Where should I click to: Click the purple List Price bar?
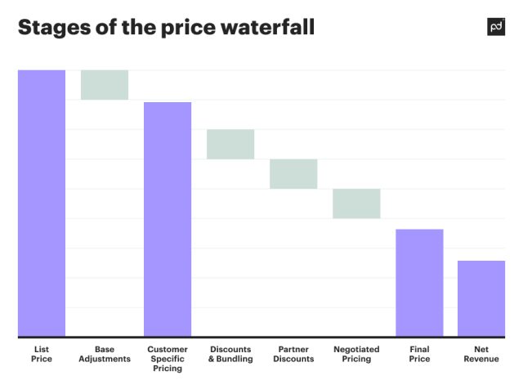tap(42, 203)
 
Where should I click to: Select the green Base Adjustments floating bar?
tap(105, 85)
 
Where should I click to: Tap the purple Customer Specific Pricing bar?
tap(168, 219)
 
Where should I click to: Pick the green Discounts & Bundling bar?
tap(230, 144)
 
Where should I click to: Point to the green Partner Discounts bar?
tap(293, 174)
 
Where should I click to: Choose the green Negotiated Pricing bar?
tap(356, 203)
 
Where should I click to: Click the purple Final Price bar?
tap(419, 283)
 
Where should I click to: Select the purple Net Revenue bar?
tap(481, 298)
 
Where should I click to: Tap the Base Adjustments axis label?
tap(105, 355)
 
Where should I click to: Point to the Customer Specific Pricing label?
tap(168, 359)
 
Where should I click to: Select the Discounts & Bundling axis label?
tap(230, 355)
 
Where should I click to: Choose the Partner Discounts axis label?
tap(293, 355)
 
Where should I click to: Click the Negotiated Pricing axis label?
tap(356, 355)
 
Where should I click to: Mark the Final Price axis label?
tap(419, 355)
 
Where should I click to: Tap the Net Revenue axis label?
tap(481, 355)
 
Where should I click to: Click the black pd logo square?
tap(496, 26)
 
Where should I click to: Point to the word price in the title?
tap(181, 27)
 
